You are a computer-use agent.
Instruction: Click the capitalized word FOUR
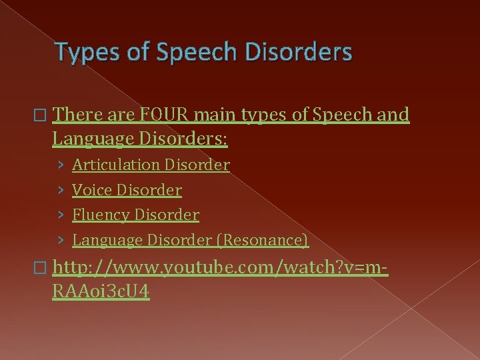coord(163,115)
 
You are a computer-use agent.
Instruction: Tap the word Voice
coord(91,190)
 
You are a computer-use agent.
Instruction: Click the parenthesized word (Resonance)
coord(266,240)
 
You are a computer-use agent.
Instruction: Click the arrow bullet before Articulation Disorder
coord(61,165)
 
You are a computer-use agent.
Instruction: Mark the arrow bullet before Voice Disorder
coord(61,190)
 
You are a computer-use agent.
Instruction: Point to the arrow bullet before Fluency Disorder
coord(61,215)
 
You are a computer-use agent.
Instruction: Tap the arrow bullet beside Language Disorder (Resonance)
coord(61,240)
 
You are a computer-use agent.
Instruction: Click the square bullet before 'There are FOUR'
coord(43,115)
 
